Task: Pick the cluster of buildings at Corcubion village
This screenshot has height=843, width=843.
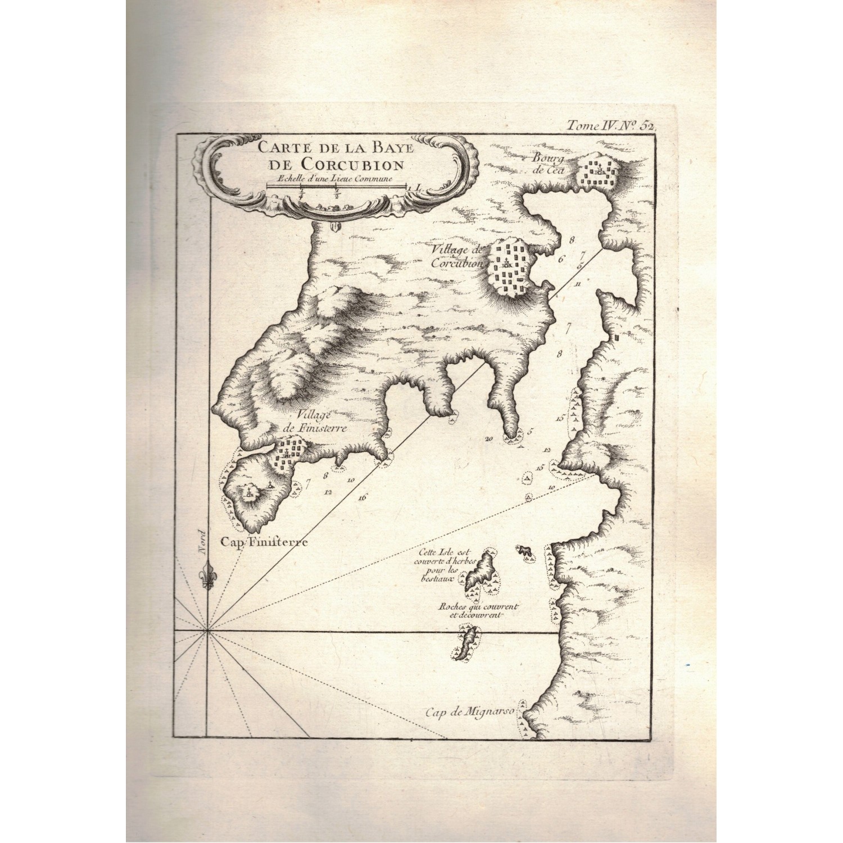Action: tap(512, 266)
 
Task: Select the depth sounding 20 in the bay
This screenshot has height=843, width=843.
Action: tap(487, 439)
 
